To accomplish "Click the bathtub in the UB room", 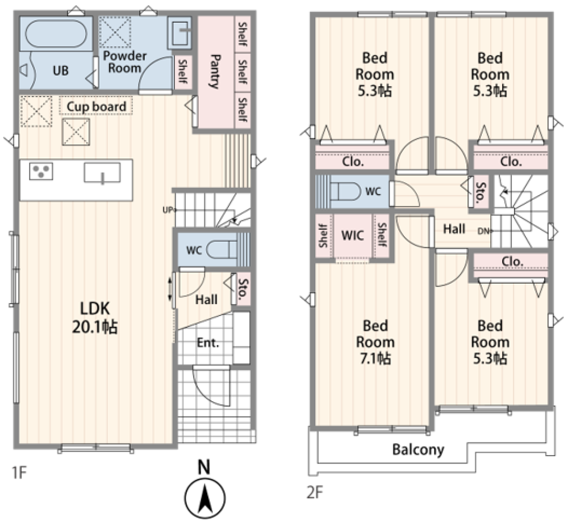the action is point(56,33).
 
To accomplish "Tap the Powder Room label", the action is point(124,62).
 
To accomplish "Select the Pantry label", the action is point(215,71).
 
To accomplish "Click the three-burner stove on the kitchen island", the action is point(41,171).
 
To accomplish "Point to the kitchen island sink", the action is point(102,172).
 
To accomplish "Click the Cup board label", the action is point(97,107).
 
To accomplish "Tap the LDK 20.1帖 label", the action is point(95,318).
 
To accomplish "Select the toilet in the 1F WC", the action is point(222,250).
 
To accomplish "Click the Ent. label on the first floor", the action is point(208,342).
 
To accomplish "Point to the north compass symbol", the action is point(204,492).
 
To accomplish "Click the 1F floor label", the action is point(19,473).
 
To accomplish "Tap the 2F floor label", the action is point(315,492).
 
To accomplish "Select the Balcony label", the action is point(418,449).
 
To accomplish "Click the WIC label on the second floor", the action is point(353,235).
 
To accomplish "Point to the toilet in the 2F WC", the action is point(345,191).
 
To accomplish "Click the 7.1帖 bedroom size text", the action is point(375,358).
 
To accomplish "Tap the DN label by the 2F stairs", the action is point(483,231).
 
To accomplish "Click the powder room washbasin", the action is point(179,33).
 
